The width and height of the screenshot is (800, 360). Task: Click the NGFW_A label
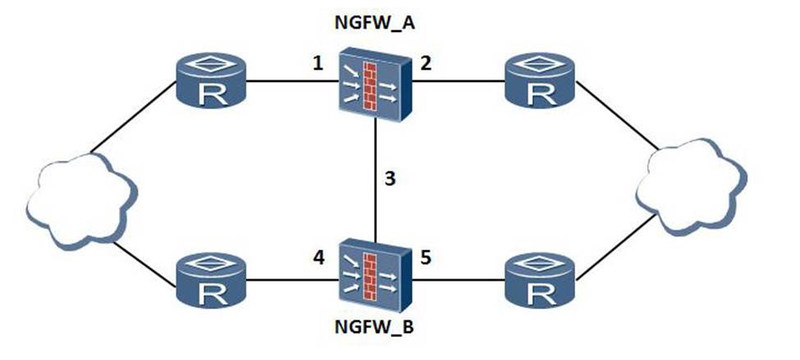[374, 22]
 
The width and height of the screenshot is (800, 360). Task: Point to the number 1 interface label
[317, 63]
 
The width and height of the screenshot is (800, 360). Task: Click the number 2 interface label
[427, 63]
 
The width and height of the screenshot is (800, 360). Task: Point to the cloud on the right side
[693, 184]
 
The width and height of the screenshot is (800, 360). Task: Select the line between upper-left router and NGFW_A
[287, 82]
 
